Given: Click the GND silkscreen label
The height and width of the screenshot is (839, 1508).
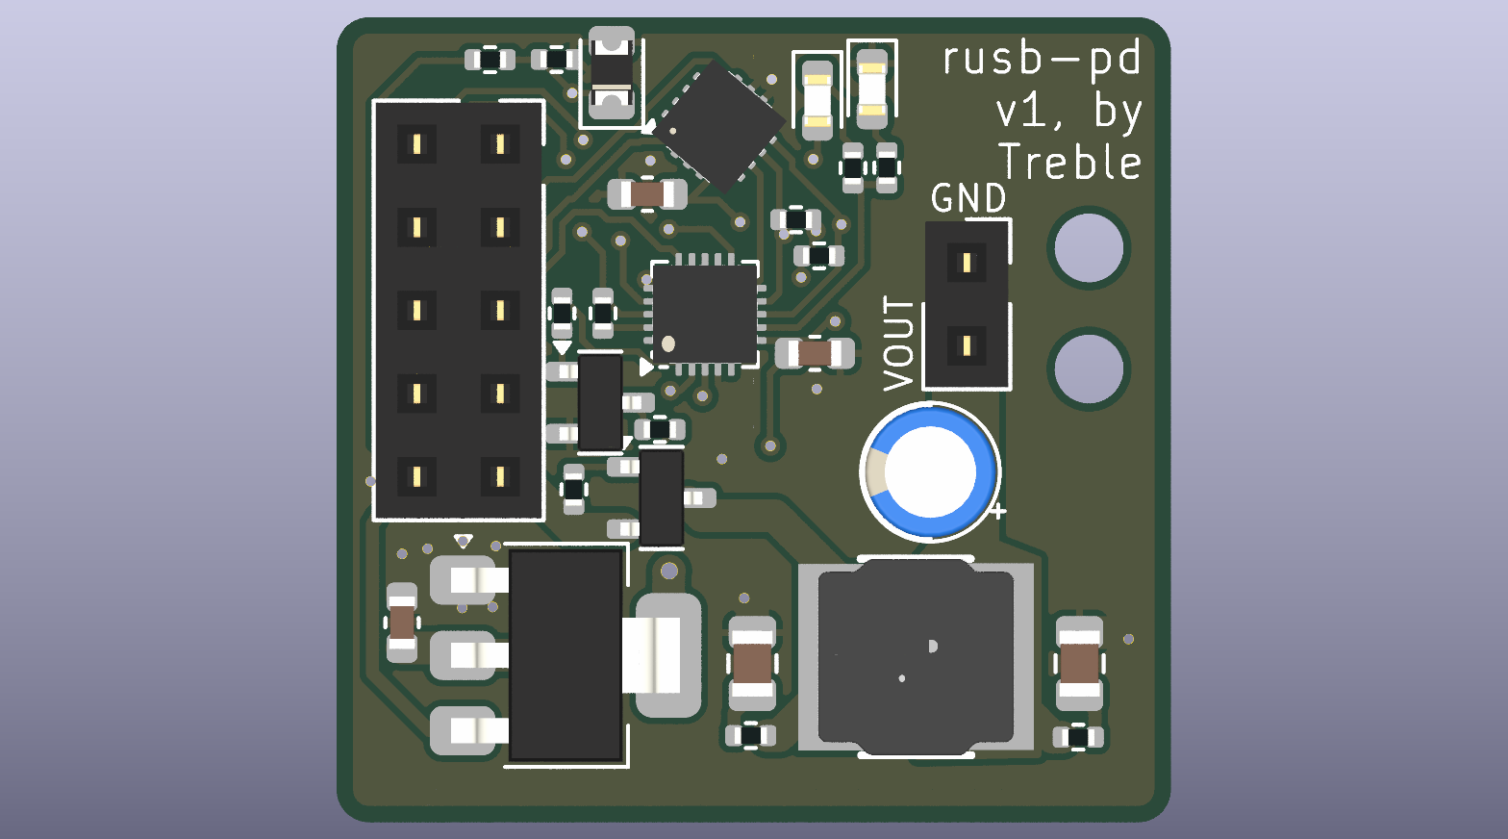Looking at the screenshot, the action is tap(968, 198).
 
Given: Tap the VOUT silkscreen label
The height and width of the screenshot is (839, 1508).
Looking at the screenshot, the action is tap(899, 343).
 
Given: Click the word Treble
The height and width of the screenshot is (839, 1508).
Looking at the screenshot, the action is tap(1069, 163).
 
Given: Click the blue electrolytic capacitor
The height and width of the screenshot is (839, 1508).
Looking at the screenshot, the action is tap(930, 472).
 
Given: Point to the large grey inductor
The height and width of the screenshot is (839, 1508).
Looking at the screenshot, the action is tap(916, 656).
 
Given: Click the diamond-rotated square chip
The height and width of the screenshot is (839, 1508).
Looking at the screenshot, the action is tap(718, 126).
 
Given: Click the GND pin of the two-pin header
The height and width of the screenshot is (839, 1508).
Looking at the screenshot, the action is tap(967, 263).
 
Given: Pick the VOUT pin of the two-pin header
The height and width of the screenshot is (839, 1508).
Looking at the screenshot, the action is tap(967, 346).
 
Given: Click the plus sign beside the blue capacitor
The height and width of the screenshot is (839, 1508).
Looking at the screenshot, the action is tap(998, 511).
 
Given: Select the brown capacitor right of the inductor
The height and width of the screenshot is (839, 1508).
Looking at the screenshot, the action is tap(1079, 663).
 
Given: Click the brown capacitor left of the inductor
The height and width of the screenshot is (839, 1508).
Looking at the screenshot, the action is tap(752, 663).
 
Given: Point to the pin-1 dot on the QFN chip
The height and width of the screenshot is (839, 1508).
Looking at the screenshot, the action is tap(668, 344).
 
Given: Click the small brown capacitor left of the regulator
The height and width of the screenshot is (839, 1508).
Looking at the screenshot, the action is tap(402, 623).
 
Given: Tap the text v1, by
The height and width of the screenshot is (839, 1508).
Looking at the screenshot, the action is tap(1069, 111).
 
